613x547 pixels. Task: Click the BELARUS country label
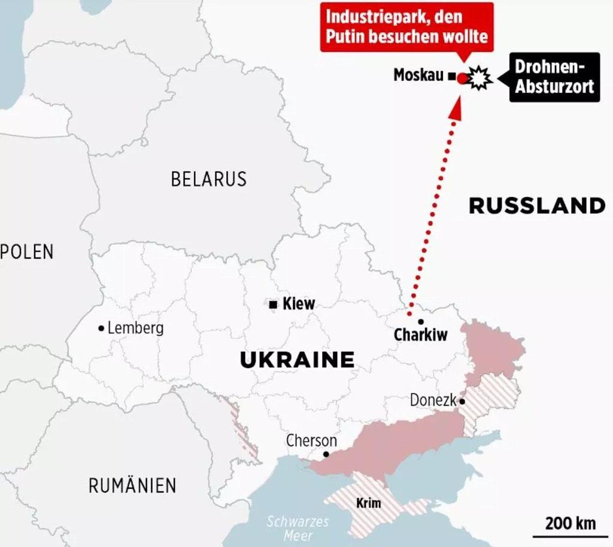[x=208, y=179]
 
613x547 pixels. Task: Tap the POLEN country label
[x=28, y=252]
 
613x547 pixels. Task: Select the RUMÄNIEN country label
[x=132, y=485]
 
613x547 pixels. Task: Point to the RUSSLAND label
[x=537, y=206]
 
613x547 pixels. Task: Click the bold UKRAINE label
[x=297, y=360]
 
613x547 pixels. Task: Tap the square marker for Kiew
[x=273, y=305]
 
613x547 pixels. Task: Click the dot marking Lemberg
[x=101, y=328]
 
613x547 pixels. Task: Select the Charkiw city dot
[x=421, y=321]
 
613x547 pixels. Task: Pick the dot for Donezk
[x=462, y=402]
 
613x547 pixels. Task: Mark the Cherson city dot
[x=326, y=454]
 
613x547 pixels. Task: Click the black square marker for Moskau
[x=451, y=76]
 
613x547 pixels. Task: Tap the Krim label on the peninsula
[x=368, y=503]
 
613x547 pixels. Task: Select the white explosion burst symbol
[x=480, y=78]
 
